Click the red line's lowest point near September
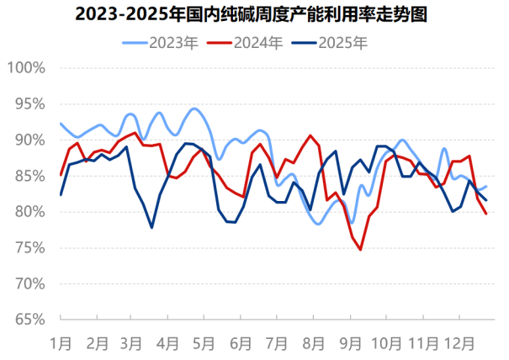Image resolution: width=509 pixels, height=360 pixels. click(x=361, y=250)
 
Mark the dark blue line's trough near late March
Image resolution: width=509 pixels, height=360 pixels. click(x=152, y=227)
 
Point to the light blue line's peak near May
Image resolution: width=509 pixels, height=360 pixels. click(x=194, y=109)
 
